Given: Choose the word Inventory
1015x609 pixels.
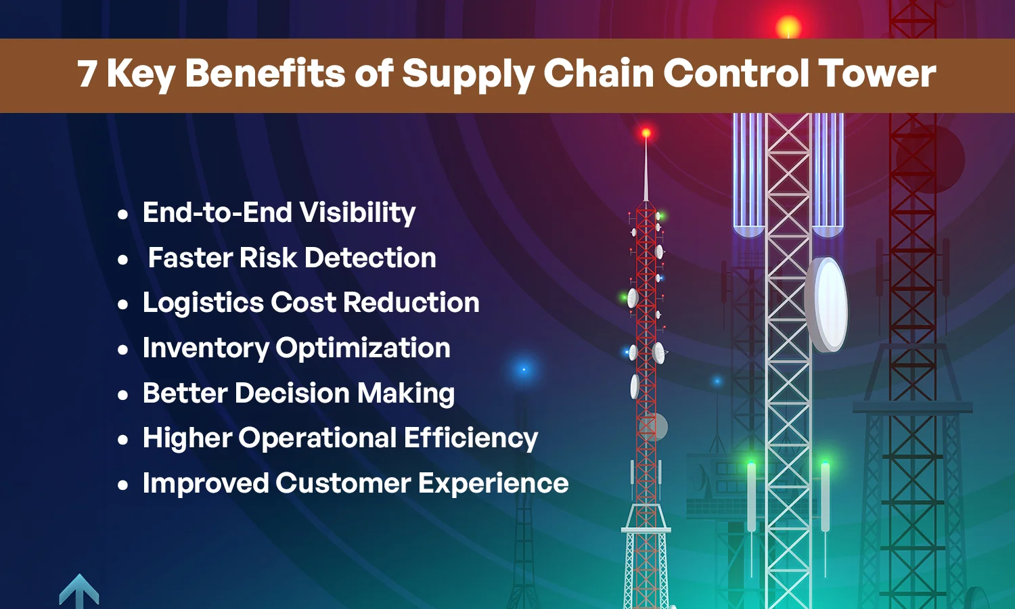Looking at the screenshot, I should pyautogui.click(x=205, y=348).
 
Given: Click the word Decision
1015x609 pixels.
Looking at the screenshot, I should pyautogui.click(x=292, y=393).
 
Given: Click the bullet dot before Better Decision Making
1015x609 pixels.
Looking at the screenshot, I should pyautogui.click(x=122, y=395).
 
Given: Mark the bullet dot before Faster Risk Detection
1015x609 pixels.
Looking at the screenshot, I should pyautogui.click(x=122, y=260).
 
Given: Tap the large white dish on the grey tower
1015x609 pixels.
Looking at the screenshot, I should pyautogui.click(x=828, y=304).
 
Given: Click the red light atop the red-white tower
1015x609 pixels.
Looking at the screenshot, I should pyautogui.click(x=646, y=133).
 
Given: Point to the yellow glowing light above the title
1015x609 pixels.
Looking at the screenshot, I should pyautogui.click(x=788, y=28).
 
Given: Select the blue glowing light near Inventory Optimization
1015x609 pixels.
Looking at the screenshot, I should pyautogui.click(x=523, y=369).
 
